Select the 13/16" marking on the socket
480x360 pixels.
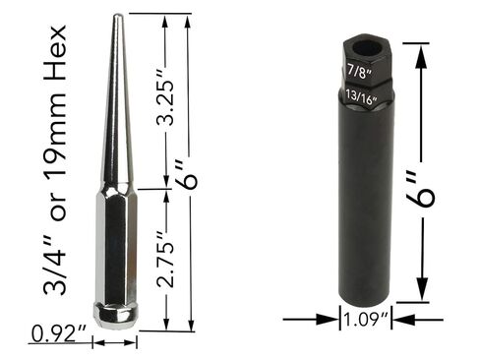pos(363,95)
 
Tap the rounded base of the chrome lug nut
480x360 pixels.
pos(116,313)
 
